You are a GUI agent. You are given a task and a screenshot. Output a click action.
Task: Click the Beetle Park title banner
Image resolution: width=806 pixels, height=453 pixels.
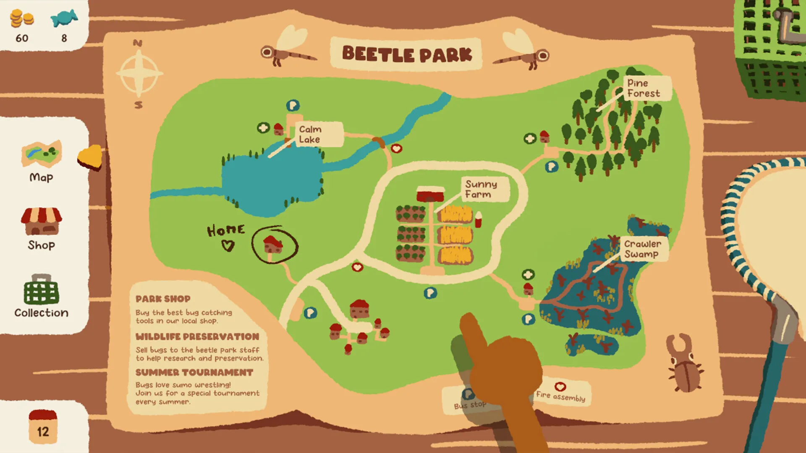(x=406, y=54)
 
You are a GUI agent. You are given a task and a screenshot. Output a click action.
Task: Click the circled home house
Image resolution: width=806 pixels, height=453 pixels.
(x=274, y=245)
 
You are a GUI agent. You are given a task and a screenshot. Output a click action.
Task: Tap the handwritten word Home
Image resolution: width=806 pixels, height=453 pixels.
(x=225, y=230)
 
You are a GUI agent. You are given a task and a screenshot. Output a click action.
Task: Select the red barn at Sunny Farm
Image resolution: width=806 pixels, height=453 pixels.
(x=430, y=194)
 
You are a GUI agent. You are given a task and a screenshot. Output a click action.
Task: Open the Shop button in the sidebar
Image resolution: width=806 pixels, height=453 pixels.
(x=41, y=229)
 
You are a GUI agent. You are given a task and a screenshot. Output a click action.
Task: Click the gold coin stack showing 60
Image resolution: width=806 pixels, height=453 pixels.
(x=22, y=19)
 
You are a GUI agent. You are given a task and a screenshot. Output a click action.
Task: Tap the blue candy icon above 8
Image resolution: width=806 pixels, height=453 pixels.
(x=64, y=18)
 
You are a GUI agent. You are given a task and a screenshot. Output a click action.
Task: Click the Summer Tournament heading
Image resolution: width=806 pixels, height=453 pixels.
(x=194, y=372)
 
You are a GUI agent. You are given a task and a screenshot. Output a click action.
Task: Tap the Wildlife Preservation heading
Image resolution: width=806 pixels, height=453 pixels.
(x=197, y=336)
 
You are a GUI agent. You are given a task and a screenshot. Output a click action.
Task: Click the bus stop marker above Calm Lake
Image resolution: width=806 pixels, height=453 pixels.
(x=293, y=105)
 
